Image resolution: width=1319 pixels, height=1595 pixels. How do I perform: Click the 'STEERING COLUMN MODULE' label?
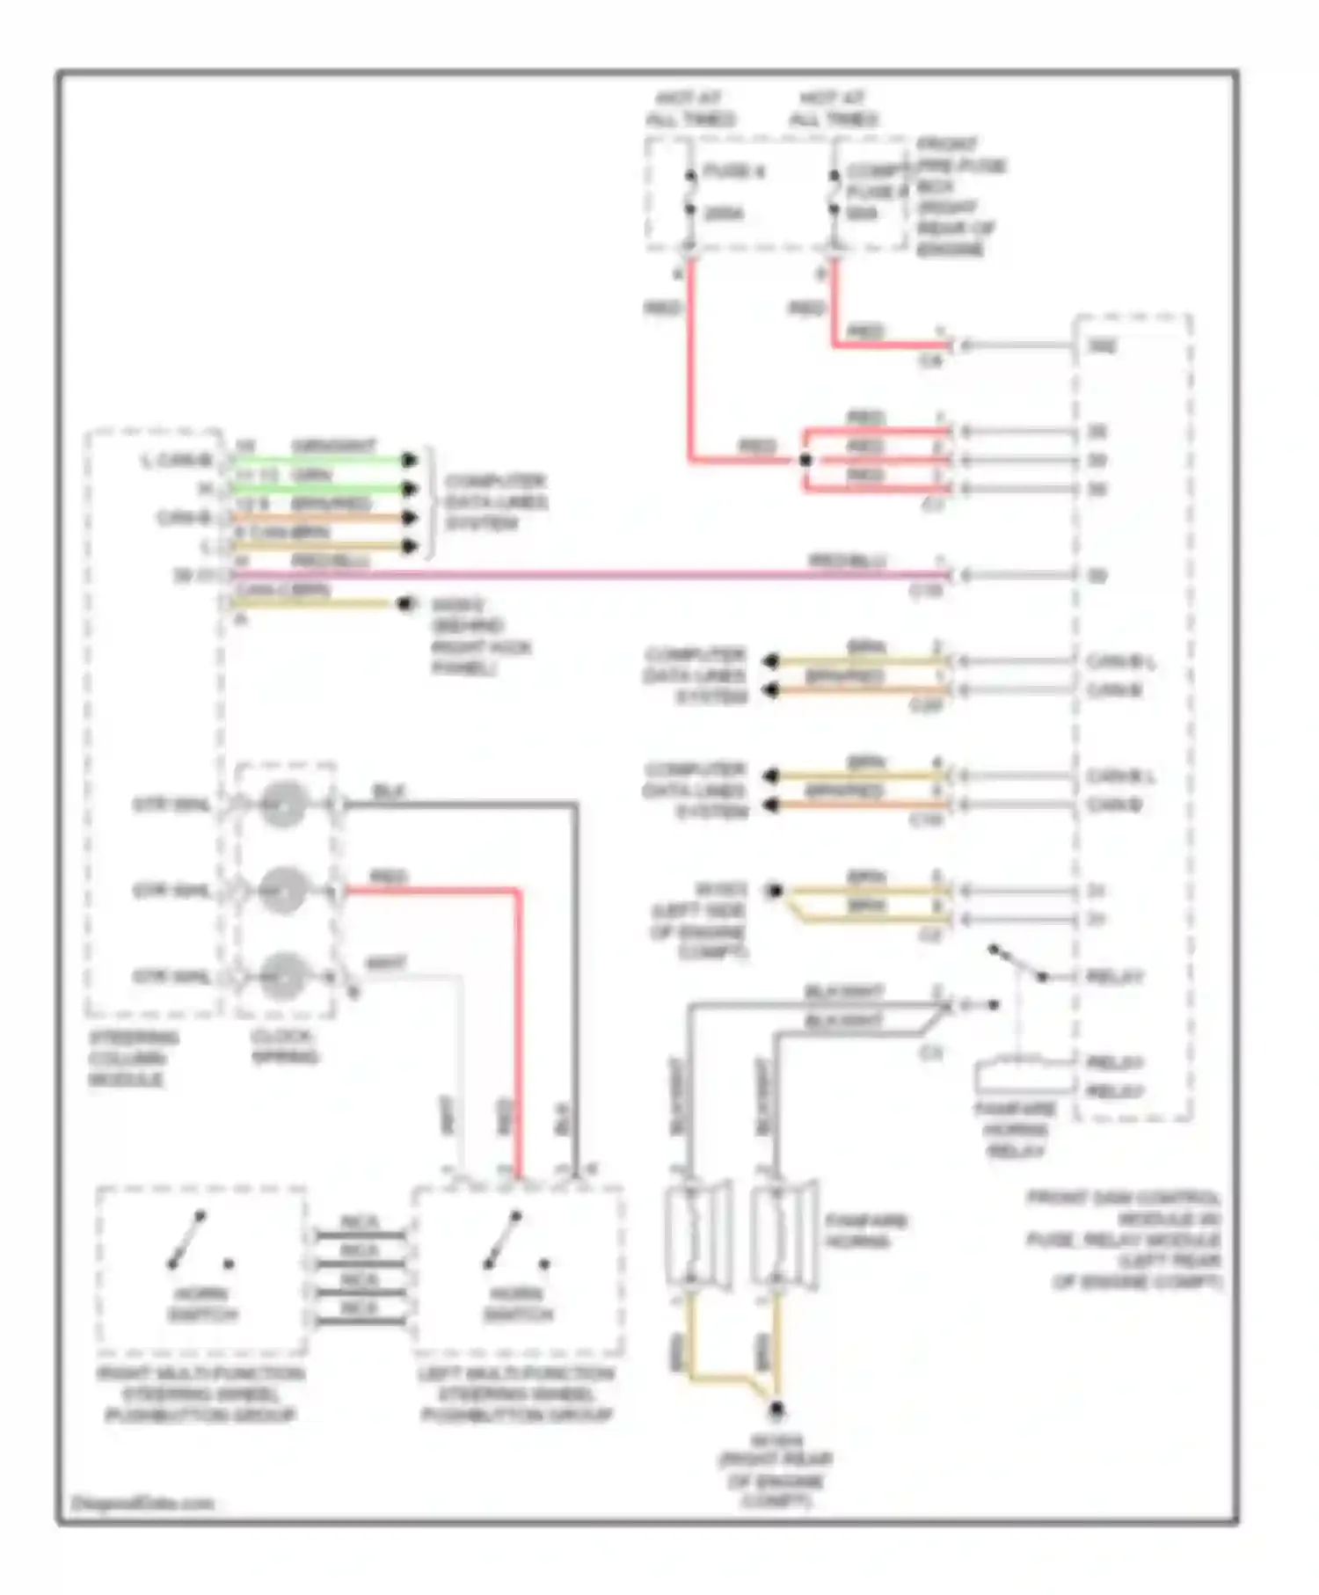pos(132,1058)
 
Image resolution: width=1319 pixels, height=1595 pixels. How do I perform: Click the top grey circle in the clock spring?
pos(283,804)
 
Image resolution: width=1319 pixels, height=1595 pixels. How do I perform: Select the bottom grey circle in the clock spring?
pos(283,976)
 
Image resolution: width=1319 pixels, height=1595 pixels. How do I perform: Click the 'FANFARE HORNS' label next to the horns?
pos(865,1231)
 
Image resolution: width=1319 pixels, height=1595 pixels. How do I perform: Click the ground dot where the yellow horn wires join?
pos(776,1410)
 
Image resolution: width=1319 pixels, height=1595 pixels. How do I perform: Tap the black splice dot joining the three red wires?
pos(805,460)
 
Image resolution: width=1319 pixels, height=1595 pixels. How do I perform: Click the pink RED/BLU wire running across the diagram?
pos(572,576)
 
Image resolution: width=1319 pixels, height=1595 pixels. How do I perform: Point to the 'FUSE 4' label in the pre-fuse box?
pos(734,171)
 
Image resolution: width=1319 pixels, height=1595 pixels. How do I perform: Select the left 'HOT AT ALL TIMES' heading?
pos(689,109)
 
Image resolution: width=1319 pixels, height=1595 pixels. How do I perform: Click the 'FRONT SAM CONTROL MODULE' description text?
pos(1126,1240)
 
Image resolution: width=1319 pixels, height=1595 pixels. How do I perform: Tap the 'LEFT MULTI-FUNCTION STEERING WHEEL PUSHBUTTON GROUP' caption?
pos(517,1395)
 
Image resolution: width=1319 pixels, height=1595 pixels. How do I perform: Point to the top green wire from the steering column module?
pos(317,459)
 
